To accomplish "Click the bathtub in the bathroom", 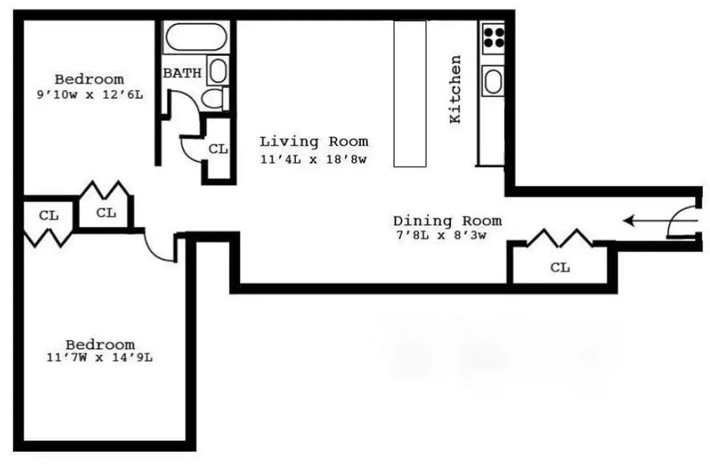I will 195,38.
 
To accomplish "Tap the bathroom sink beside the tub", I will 218,71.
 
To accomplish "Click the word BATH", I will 182,73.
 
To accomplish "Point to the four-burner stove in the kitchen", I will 493,37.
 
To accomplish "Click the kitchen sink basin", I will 493,81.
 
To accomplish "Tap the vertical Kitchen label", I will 456,89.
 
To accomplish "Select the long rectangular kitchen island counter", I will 410,93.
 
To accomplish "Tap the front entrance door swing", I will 680,222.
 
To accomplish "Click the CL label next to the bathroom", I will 218,149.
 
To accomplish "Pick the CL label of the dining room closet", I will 560,267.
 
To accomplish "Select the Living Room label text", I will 313,142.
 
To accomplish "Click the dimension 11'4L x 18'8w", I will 313,160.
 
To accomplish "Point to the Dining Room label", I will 447,221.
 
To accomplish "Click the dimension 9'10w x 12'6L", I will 89,95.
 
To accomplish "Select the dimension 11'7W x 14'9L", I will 99,358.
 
